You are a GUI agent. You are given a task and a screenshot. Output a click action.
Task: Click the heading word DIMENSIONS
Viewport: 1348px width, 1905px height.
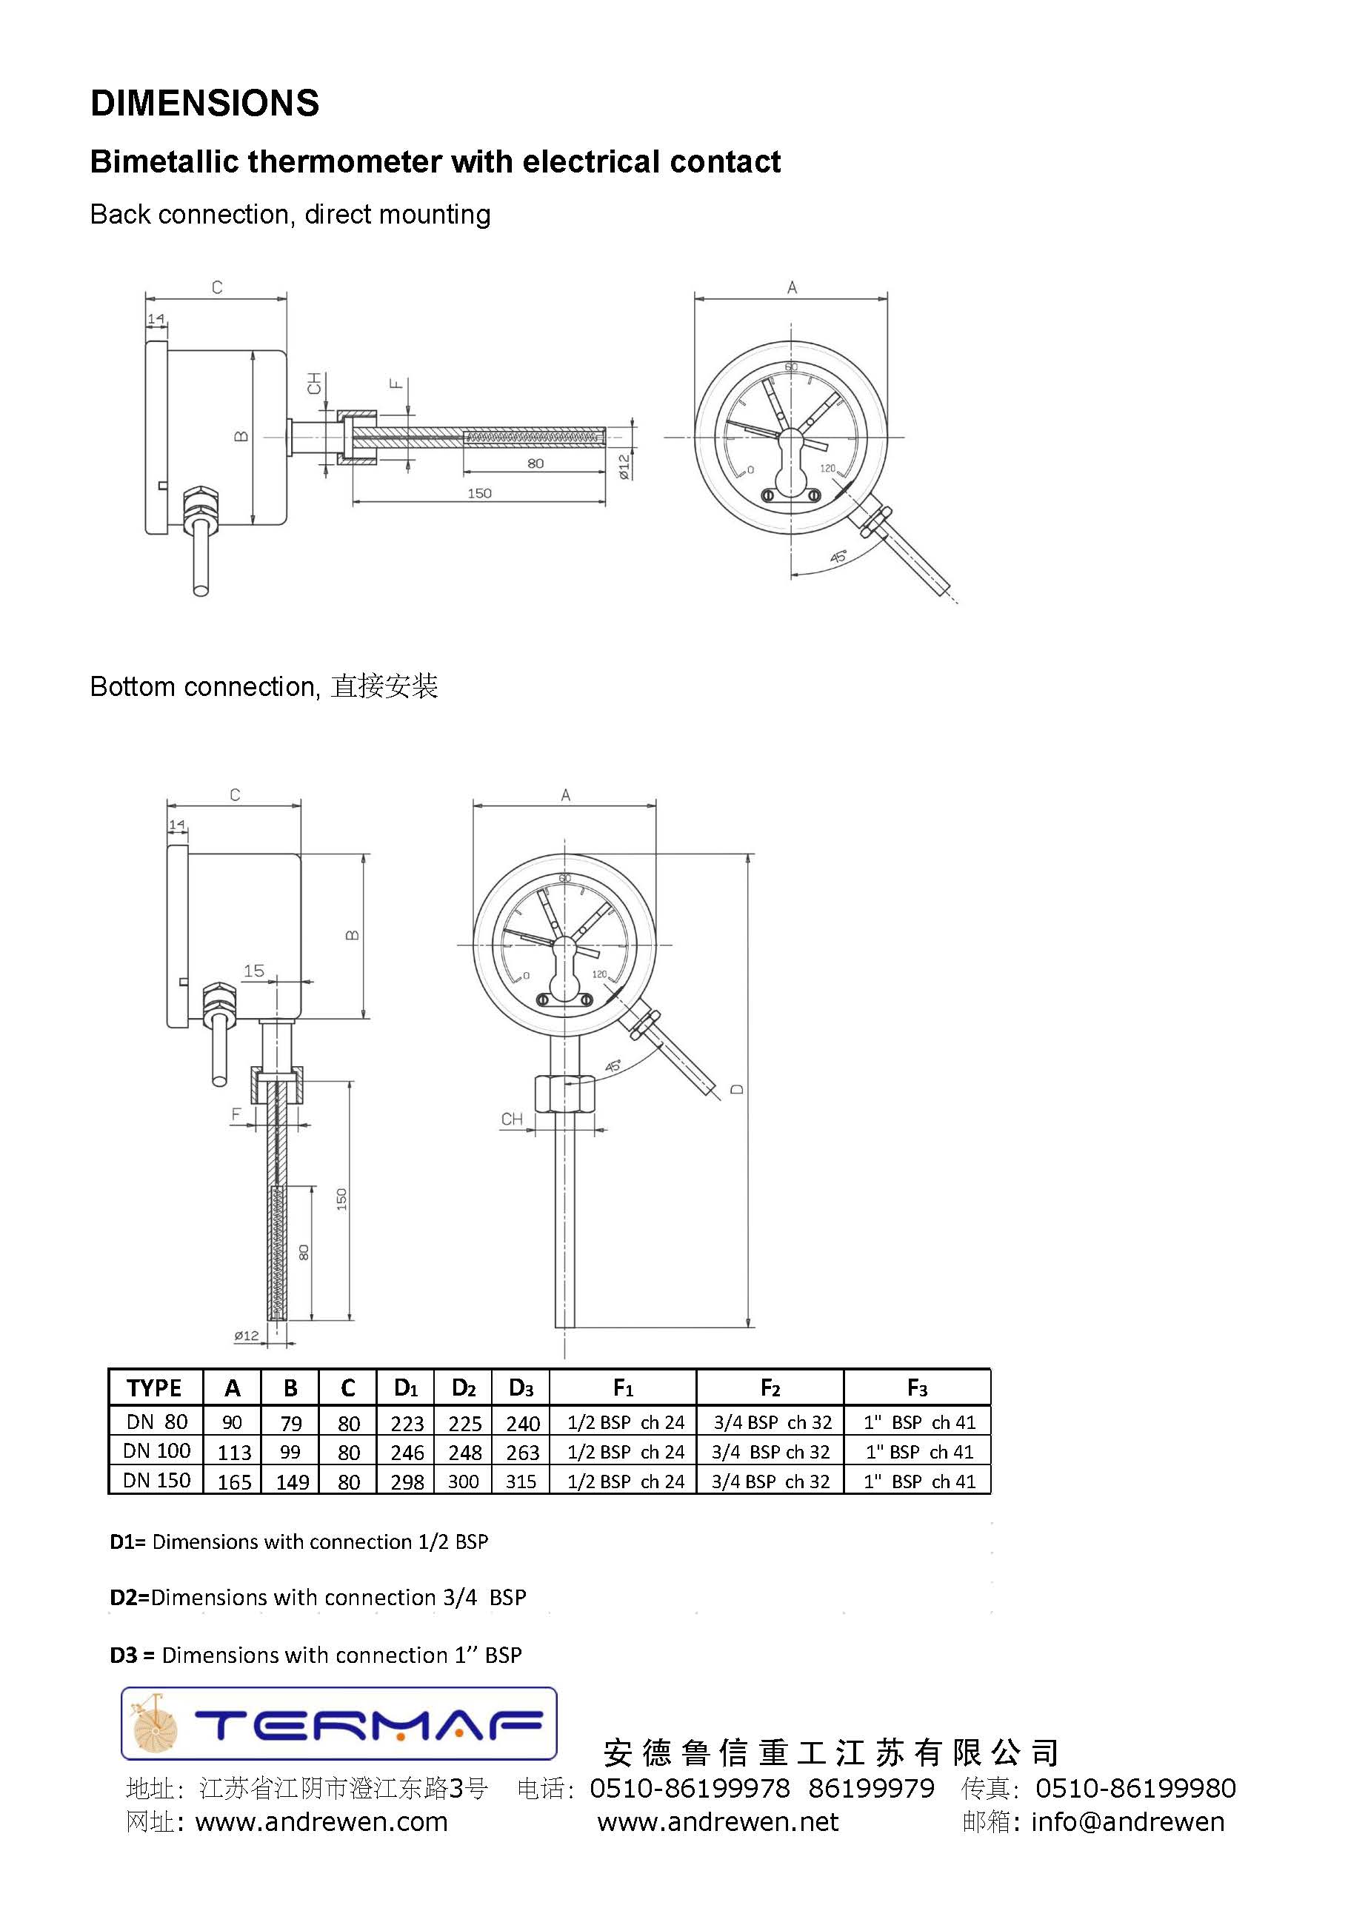204,104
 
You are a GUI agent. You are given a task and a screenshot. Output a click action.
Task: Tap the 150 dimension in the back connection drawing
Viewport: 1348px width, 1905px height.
479,494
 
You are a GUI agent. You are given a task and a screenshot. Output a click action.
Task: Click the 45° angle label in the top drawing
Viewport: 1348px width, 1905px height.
838,557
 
